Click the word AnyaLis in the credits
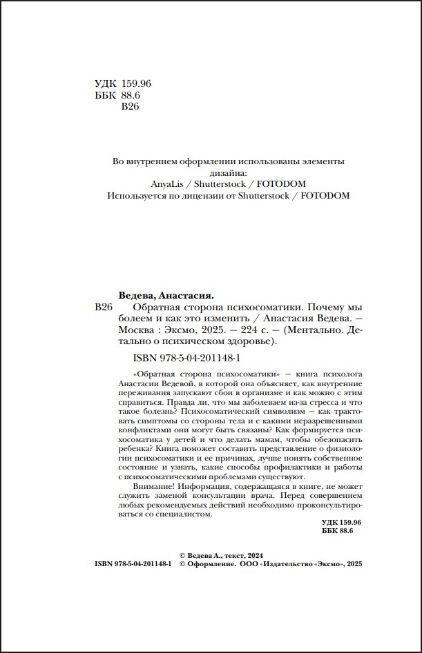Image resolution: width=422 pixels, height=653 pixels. click(x=169, y=184)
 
